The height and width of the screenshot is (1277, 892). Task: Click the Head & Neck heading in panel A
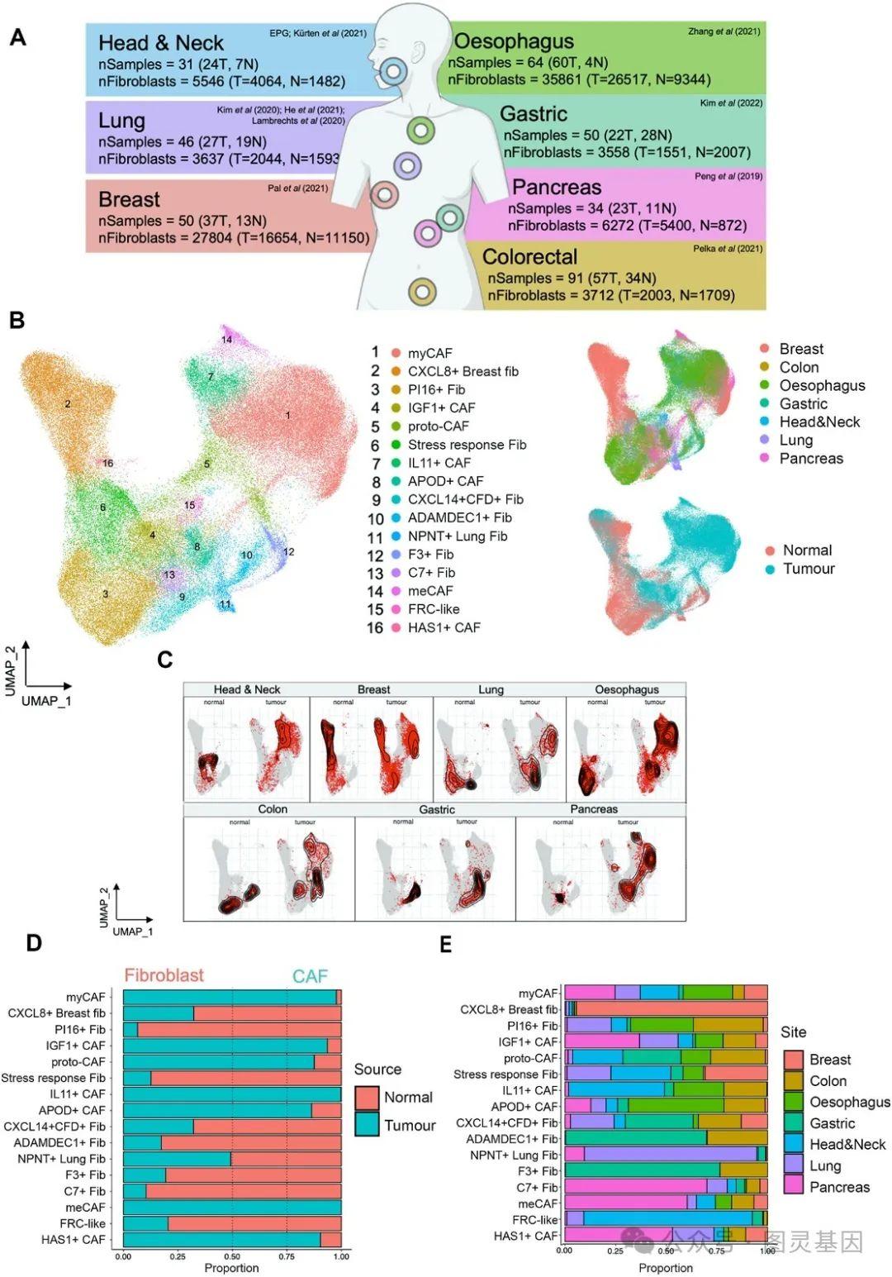click(x=160, y=43)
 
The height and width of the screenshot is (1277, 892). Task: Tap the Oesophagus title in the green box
click(x=514, y=41)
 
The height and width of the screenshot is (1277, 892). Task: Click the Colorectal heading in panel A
click(x=529, y=257)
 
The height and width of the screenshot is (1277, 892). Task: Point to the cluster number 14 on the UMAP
click(x=226, y=340)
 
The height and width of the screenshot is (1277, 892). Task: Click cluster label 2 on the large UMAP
click(x=68, y=404)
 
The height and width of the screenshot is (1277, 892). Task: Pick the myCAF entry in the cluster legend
click(x=429, y=353)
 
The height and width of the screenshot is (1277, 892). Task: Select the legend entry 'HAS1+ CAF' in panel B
click(x=444, y=627)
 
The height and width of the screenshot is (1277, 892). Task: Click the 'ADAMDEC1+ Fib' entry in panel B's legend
click(x=459, y=517)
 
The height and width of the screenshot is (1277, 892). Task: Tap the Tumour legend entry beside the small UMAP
click(x=809, y=569)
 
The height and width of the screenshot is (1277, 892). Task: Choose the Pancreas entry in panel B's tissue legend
click(x=811, y=458)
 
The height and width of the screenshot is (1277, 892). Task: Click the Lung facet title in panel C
click(x=491, y=689)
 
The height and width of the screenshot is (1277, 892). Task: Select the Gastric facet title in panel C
click(x=436, y=809)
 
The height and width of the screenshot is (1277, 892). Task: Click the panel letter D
click(x=34, y=943)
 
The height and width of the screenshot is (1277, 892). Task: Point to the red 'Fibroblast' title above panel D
click(x=164, y=975)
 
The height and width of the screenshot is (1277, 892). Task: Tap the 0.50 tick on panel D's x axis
click(x=232, y=1256)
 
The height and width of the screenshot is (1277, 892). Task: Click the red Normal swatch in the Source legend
click(x=367, y=1098)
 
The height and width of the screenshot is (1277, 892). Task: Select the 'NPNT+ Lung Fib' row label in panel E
click(x=514, y=1155)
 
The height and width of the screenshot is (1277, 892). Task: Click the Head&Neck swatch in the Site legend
click(x=793, y=1145)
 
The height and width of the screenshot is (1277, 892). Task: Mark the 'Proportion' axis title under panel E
click(x=666, y=1268)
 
